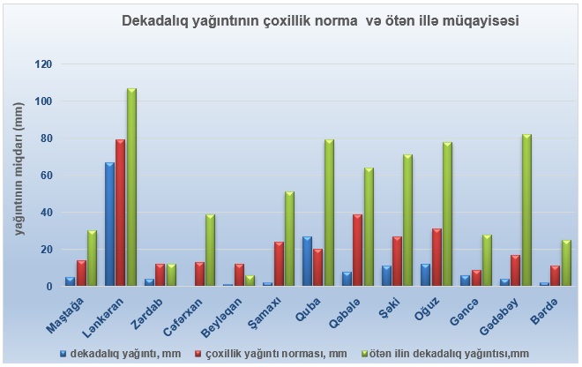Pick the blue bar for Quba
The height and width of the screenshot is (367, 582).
click(307, 261)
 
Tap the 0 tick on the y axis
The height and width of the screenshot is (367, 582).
click(48, 287)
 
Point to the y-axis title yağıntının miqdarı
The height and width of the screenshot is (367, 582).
click(18, 168)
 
